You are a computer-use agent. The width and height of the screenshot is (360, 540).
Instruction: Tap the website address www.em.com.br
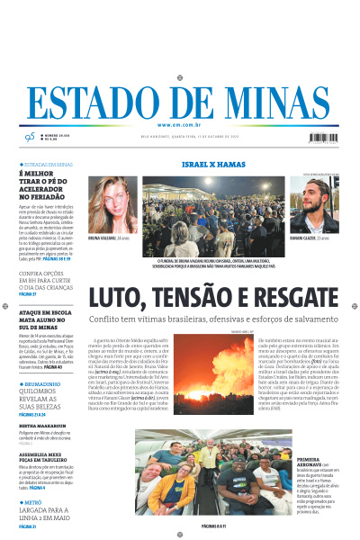(x=180, y=124)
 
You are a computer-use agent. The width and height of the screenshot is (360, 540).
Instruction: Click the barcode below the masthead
(x=327, y=139)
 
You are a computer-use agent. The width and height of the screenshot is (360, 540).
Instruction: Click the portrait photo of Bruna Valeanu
(x=112, y=205)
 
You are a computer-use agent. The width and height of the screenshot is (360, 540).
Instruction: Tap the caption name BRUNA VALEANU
(x=103, y=239)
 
